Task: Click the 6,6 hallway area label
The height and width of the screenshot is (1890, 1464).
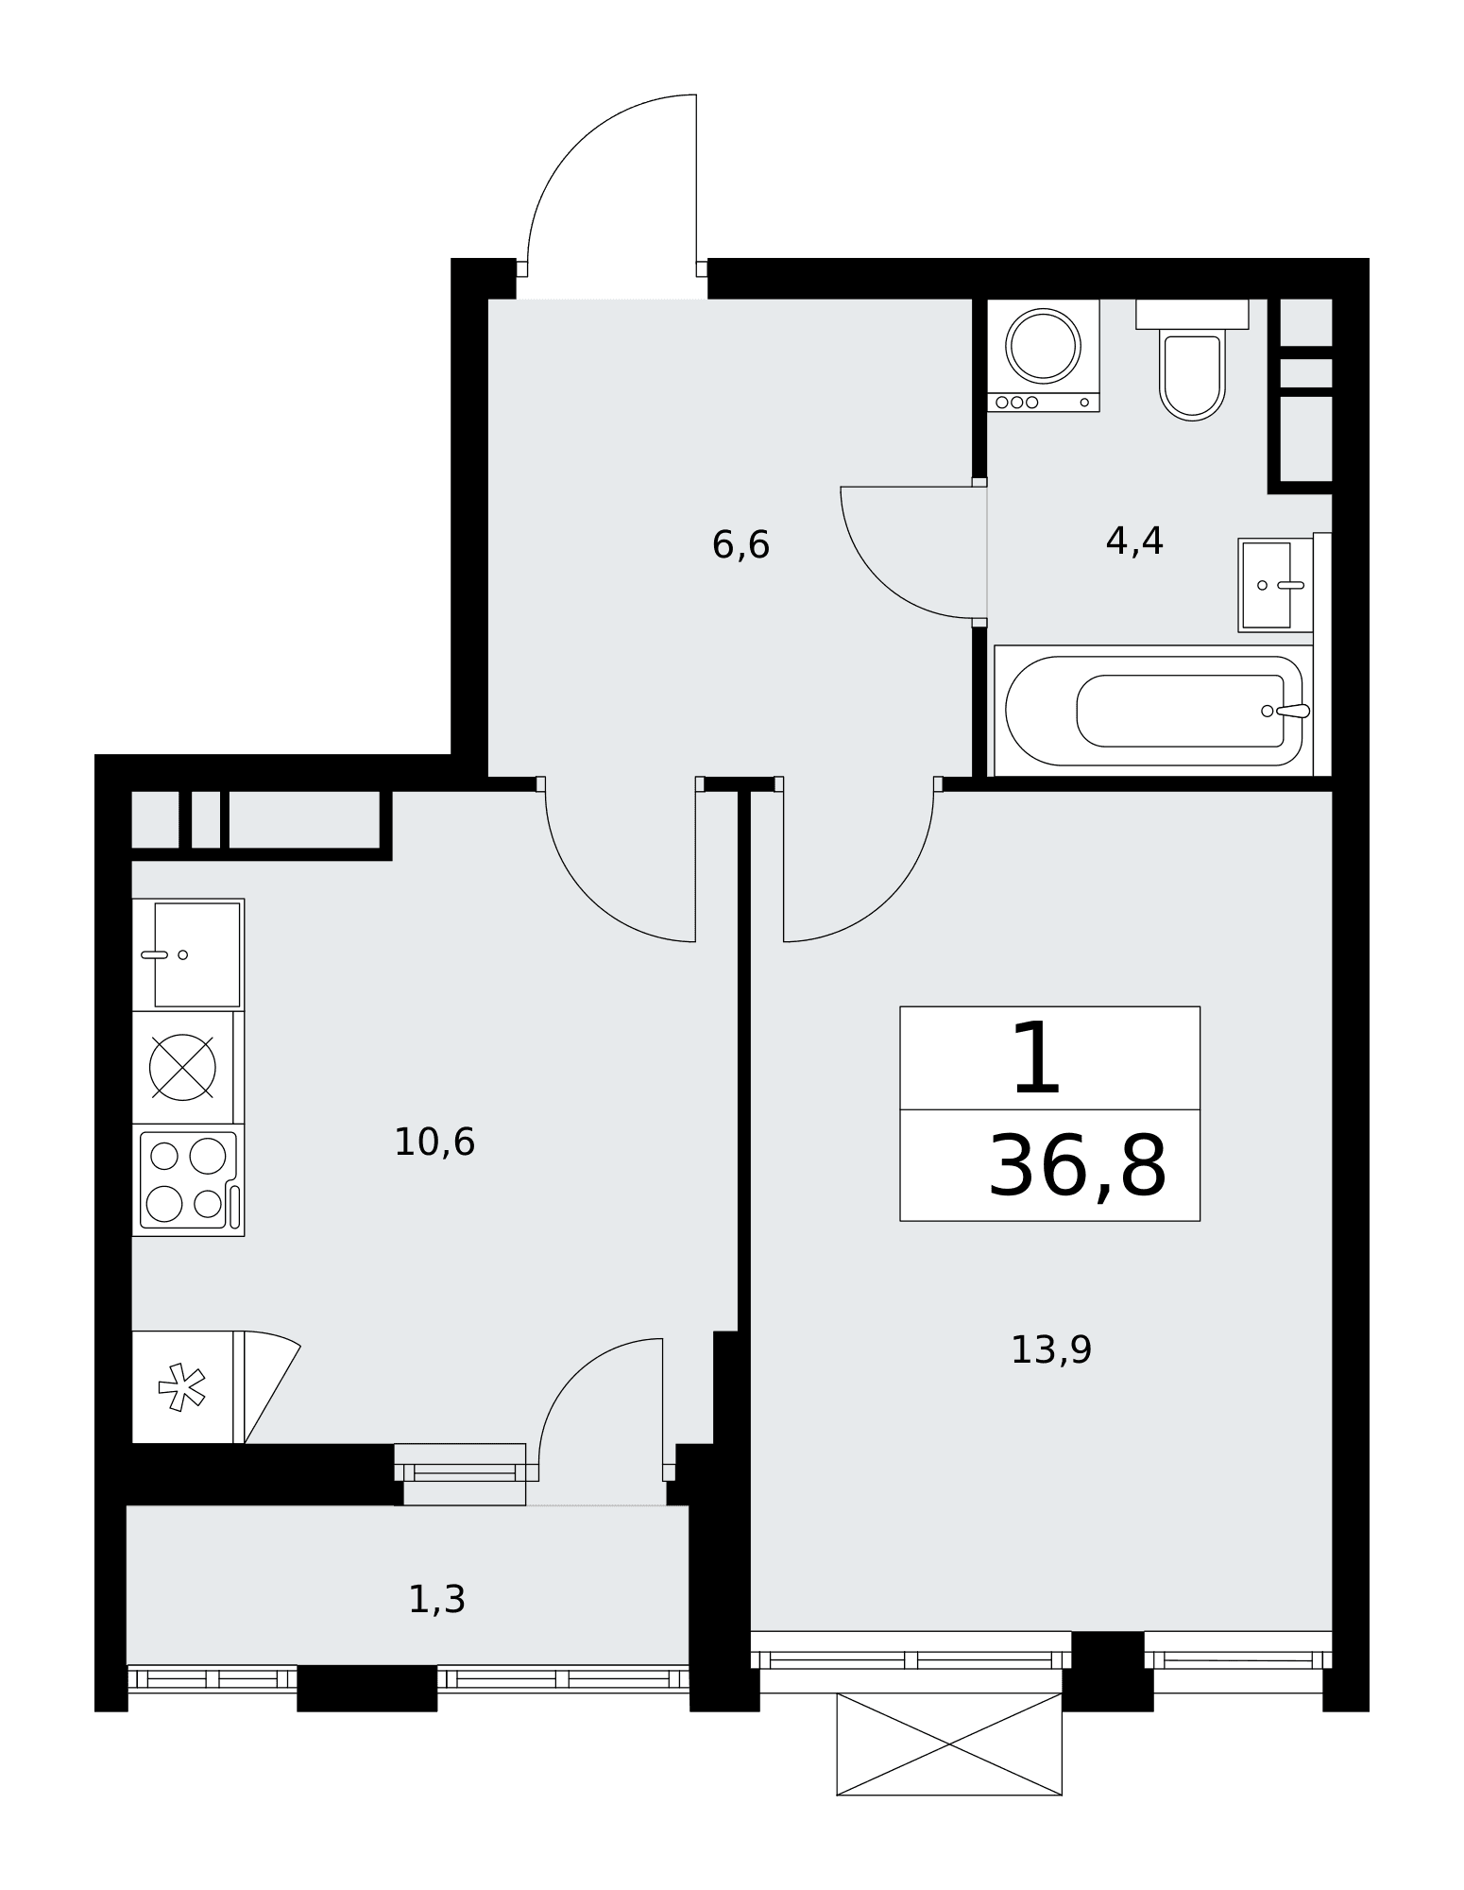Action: tap(741, 545)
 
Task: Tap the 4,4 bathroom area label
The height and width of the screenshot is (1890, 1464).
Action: tap(1134, 541)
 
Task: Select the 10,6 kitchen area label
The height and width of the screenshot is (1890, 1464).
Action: tap(434, 1143)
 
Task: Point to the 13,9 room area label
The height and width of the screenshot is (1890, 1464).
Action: tap(1051, 1349)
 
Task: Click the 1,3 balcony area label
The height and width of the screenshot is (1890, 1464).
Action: tap(437, 1600)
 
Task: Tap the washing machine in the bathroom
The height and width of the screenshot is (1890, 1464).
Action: tap(1044, 355)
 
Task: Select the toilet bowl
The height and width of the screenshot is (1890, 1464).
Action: tap(1192, 360)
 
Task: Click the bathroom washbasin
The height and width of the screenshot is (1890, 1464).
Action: tap(1275, 585)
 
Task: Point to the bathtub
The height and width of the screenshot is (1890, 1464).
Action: tap(1154, 711)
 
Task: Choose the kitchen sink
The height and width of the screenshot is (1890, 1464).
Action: tap(189, 954)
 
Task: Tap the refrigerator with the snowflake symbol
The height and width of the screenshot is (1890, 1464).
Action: tap(184, 1387)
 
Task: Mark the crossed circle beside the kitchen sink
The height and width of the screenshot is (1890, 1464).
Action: tap(182, 1067)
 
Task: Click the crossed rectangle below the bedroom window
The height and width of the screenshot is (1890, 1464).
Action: tap(949, 1744)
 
